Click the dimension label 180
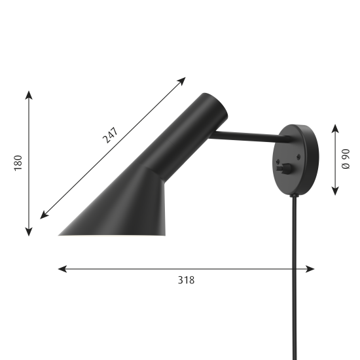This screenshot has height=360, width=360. tap(18, 163)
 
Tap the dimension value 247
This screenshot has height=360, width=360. tap(111, 135)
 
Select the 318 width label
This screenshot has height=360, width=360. tap(186, 280)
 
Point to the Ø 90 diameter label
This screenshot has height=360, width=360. tap(346, 159)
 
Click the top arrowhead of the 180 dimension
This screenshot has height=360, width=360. tap(29, 95)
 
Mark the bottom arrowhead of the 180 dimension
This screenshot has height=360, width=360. tap(29, 232)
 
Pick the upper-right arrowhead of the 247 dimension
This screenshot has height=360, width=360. tap(181, 81)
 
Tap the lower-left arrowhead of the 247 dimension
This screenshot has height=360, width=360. tap(45, 215)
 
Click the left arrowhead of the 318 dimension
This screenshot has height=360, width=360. tap(62, 269)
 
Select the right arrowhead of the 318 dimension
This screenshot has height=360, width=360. tap(310, 269)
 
